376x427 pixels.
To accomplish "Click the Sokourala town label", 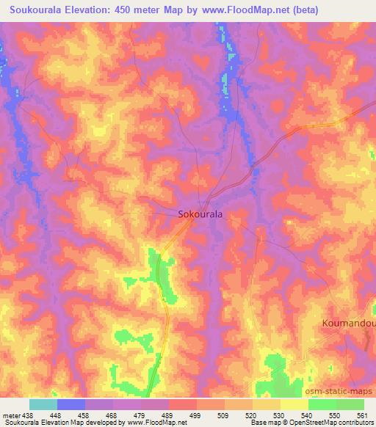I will coord(201,215).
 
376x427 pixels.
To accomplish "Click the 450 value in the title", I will coord(132,10).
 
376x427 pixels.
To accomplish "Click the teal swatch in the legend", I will coord(43,404).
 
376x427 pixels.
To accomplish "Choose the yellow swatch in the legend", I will coord(294,404).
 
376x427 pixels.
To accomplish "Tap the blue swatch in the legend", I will coord(71,404).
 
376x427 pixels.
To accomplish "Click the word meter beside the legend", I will coord(9,415).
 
